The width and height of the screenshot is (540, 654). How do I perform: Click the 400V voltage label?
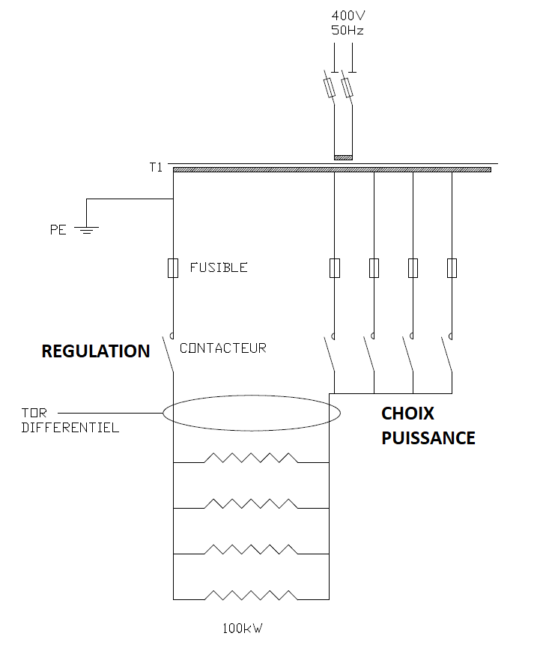(348, 16)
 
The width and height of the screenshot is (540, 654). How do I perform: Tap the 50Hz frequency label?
(348, 30)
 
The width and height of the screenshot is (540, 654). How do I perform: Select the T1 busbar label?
(155, 167)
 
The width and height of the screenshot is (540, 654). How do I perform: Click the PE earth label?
(58, 230)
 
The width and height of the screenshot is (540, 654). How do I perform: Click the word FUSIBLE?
(218, 267)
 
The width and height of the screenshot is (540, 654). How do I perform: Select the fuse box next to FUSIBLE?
(173, 267)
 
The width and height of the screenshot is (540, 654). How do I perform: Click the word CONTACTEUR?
(222, 348)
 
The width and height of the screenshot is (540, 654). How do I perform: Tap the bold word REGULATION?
(95, 351)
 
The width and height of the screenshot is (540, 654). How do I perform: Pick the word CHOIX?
(407, 414)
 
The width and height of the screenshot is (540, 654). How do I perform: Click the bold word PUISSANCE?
(428, 437)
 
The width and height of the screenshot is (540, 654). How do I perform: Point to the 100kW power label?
(243, 629)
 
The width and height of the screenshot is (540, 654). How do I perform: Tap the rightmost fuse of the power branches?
(452, 267)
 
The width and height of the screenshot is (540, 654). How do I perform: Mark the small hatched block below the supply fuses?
(343, 157)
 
